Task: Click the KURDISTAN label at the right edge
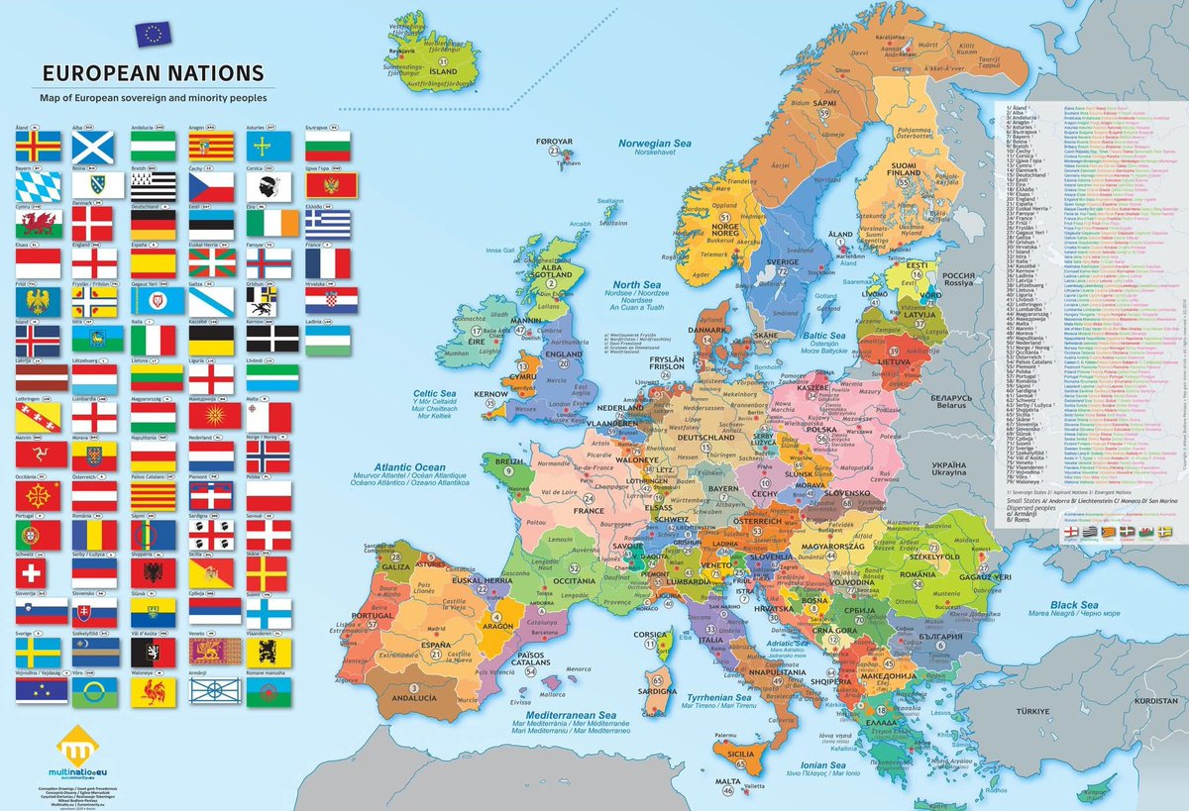coord(1156,700)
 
